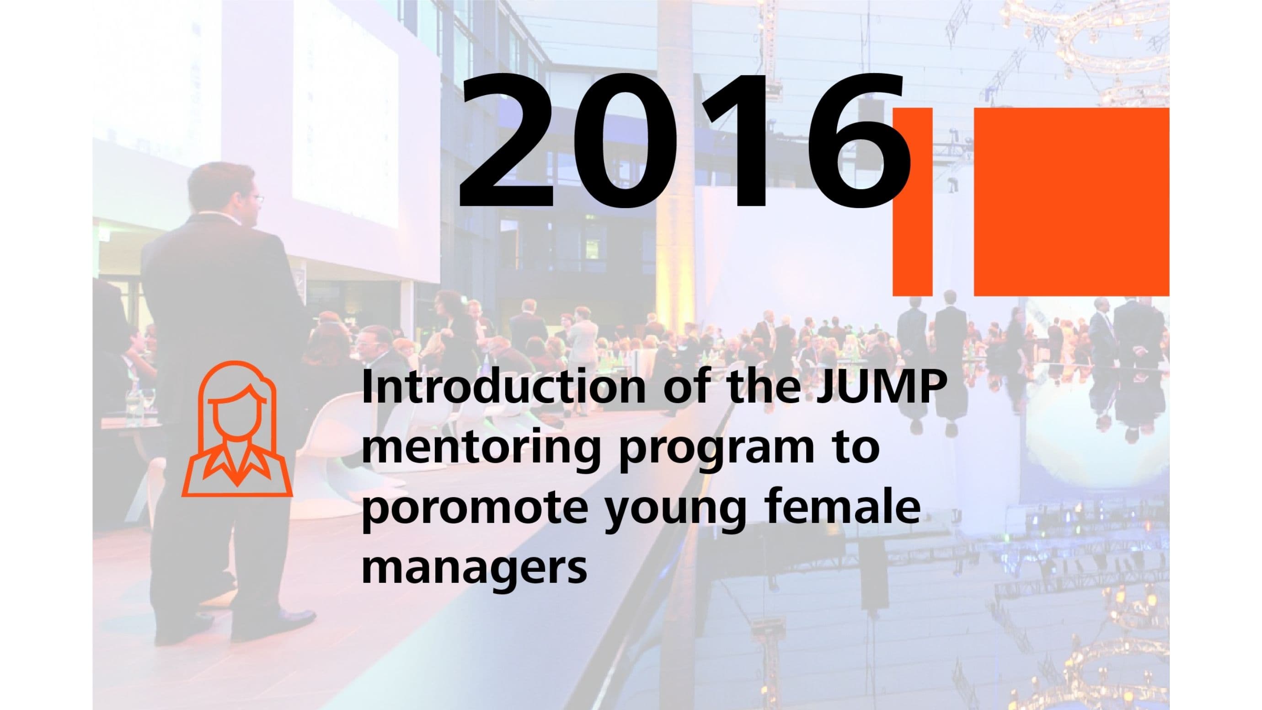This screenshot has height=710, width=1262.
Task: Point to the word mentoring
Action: pyautogui.click(x=480, y=449)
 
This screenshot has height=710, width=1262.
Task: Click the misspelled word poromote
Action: pyautogui.click(x=473, y=510)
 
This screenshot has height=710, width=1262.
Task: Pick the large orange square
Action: pyautogui.click(x=1071, y=202)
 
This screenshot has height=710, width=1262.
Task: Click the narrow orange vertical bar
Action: pyautogui.click(x=912, y=202)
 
